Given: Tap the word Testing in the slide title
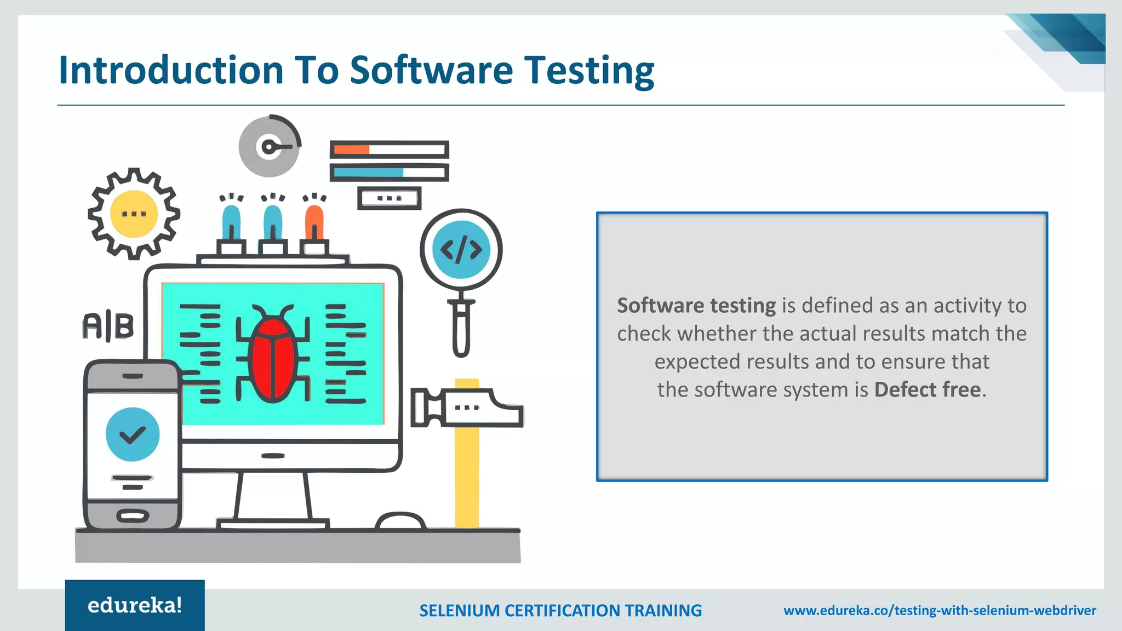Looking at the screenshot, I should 589,71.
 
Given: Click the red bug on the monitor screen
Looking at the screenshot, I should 273,359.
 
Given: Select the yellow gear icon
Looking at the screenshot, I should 134,214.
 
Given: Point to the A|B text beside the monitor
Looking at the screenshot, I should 108,326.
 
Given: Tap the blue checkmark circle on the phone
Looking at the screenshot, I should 133,434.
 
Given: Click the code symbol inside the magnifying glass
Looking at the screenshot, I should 461,250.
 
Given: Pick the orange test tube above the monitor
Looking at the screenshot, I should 314,223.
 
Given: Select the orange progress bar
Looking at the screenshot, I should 352,150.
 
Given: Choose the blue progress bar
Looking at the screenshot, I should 368,173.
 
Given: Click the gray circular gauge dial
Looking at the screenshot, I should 269,146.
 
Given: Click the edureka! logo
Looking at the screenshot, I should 135,605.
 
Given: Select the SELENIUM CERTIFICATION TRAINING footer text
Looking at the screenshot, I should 560,610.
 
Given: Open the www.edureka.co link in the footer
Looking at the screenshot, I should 940,610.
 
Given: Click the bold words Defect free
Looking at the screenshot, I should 927,389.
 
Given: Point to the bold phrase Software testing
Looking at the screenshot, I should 696,305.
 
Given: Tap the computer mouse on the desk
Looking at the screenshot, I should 400,521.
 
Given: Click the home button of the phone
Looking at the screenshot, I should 133,516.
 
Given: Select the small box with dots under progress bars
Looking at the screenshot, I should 390,198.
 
